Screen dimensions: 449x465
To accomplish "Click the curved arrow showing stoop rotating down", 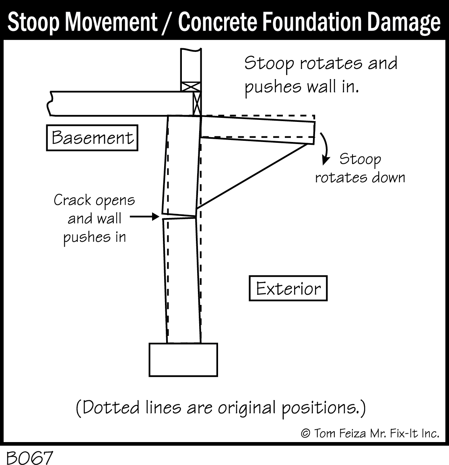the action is pyautogui.click(x=326, y=148).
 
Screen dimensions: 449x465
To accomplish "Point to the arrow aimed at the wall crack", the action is pyautogui.click(x=144, y=217).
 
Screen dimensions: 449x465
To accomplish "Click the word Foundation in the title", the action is pyautogui.click(x=311, y=22).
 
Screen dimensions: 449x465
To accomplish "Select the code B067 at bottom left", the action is pyautogui.click(x=29, y=457).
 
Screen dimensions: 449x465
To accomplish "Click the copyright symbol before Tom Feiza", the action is pyautogui.click(x=305, y=434).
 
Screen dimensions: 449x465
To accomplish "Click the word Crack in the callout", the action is pyautogui.click(x=72, y=200).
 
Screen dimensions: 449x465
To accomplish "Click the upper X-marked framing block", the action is pyautogui.click(x=191, y=86).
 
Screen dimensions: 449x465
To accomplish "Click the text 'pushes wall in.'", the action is pyautogui.click(x=302, y=87).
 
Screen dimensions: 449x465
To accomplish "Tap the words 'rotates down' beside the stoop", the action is pyautogui.click(x=360, y=178).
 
